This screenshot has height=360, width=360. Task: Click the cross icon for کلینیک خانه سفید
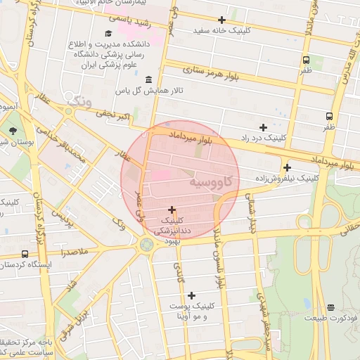point(223,20)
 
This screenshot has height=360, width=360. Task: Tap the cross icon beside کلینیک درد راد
point(263,127)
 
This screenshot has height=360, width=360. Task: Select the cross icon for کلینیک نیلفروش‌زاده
point(287,167)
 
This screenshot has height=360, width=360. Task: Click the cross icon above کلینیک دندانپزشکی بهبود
point(172,210)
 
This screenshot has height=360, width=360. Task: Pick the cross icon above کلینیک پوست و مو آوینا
point(191,295)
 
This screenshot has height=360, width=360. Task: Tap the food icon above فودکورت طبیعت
point(330,307)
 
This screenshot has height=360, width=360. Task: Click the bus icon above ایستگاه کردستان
point(25,253)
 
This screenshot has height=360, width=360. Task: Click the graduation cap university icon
point(108,33)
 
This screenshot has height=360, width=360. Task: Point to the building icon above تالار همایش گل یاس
point(148,79)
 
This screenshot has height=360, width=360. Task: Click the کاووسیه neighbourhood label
point(214,181)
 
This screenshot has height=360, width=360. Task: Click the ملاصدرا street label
point(73,251)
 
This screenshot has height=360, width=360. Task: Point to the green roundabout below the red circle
point(147,245)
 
